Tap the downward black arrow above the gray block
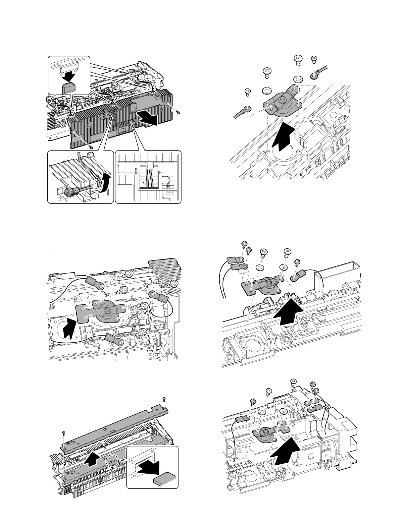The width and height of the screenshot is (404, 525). click(x=70, y=75)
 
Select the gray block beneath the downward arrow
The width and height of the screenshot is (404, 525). click(x=69, y=88)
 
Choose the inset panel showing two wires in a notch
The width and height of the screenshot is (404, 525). click(x=149, y=177)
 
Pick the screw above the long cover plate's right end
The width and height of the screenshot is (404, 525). click(x=164, y=399)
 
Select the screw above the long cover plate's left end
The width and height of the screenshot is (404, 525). click(x=64, y=434)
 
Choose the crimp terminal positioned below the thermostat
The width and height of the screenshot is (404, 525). click(x=114, y=340)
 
